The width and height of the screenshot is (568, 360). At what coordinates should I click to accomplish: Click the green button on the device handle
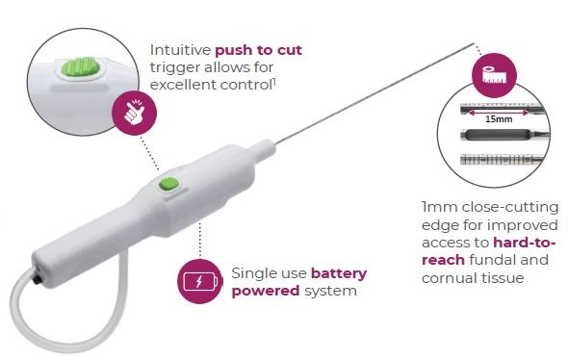[168, 185]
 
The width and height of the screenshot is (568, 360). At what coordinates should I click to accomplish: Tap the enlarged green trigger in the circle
[80, 67]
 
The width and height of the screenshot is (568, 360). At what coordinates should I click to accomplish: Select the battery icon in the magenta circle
[199, 281]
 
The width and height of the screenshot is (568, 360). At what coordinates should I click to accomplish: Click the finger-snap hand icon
[134, 112]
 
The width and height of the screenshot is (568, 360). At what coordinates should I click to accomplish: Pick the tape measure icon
[494, 75]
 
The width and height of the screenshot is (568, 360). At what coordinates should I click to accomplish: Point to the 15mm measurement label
[499, 119]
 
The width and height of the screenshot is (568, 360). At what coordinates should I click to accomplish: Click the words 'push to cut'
[258, 50]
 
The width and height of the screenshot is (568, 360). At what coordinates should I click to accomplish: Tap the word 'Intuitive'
[180, 50]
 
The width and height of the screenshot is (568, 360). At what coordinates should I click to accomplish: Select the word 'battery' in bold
[339, 273]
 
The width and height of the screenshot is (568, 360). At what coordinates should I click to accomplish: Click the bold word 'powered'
[266, 291]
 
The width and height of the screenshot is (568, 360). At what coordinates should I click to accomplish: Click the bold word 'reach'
[444, 260]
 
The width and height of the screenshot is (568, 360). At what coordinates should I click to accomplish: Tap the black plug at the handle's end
[36, 281]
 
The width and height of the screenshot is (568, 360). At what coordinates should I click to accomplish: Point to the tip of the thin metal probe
[474, 44]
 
